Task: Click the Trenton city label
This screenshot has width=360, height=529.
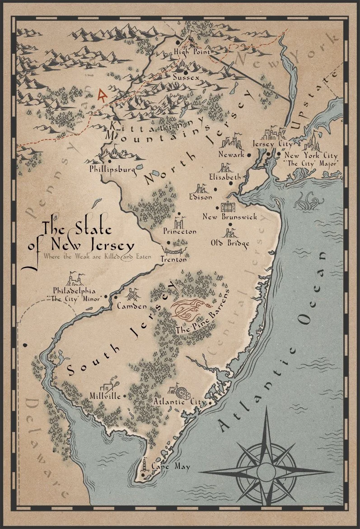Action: tap(173, 259)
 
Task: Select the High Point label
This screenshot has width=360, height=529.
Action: tap(192, 52)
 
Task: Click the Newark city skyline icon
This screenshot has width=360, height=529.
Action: tap(231, 143)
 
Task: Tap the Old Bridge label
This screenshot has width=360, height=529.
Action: tap(230, 243)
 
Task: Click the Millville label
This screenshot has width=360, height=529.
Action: tap(105, 396)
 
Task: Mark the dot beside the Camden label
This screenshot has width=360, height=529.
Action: tap(115, 297)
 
